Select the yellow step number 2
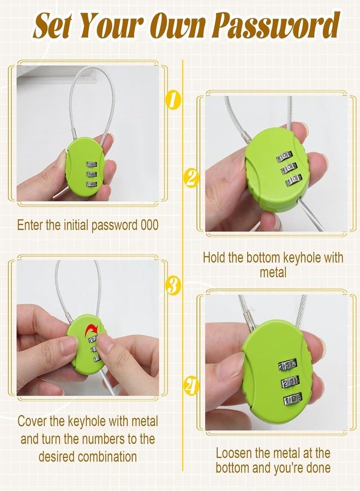click(190, 177)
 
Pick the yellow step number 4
click(191, 386)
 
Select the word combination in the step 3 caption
click(107, 456)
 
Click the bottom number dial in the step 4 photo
click(292, 399)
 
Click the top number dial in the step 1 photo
click(92, 164)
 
